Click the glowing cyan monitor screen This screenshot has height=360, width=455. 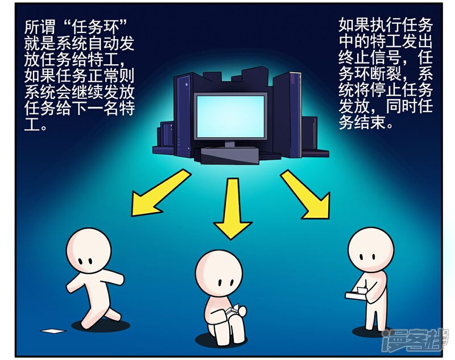(x=231, y=117)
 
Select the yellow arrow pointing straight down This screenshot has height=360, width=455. (x=232, y=208)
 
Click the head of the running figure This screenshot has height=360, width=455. (x=89, y=251)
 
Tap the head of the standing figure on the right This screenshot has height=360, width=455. (x=371, y=250)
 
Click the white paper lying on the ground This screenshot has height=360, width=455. (x=53, y=330)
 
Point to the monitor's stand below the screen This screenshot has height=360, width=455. (x=229, y=144)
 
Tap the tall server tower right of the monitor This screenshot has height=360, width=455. (x=287, y=114)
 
